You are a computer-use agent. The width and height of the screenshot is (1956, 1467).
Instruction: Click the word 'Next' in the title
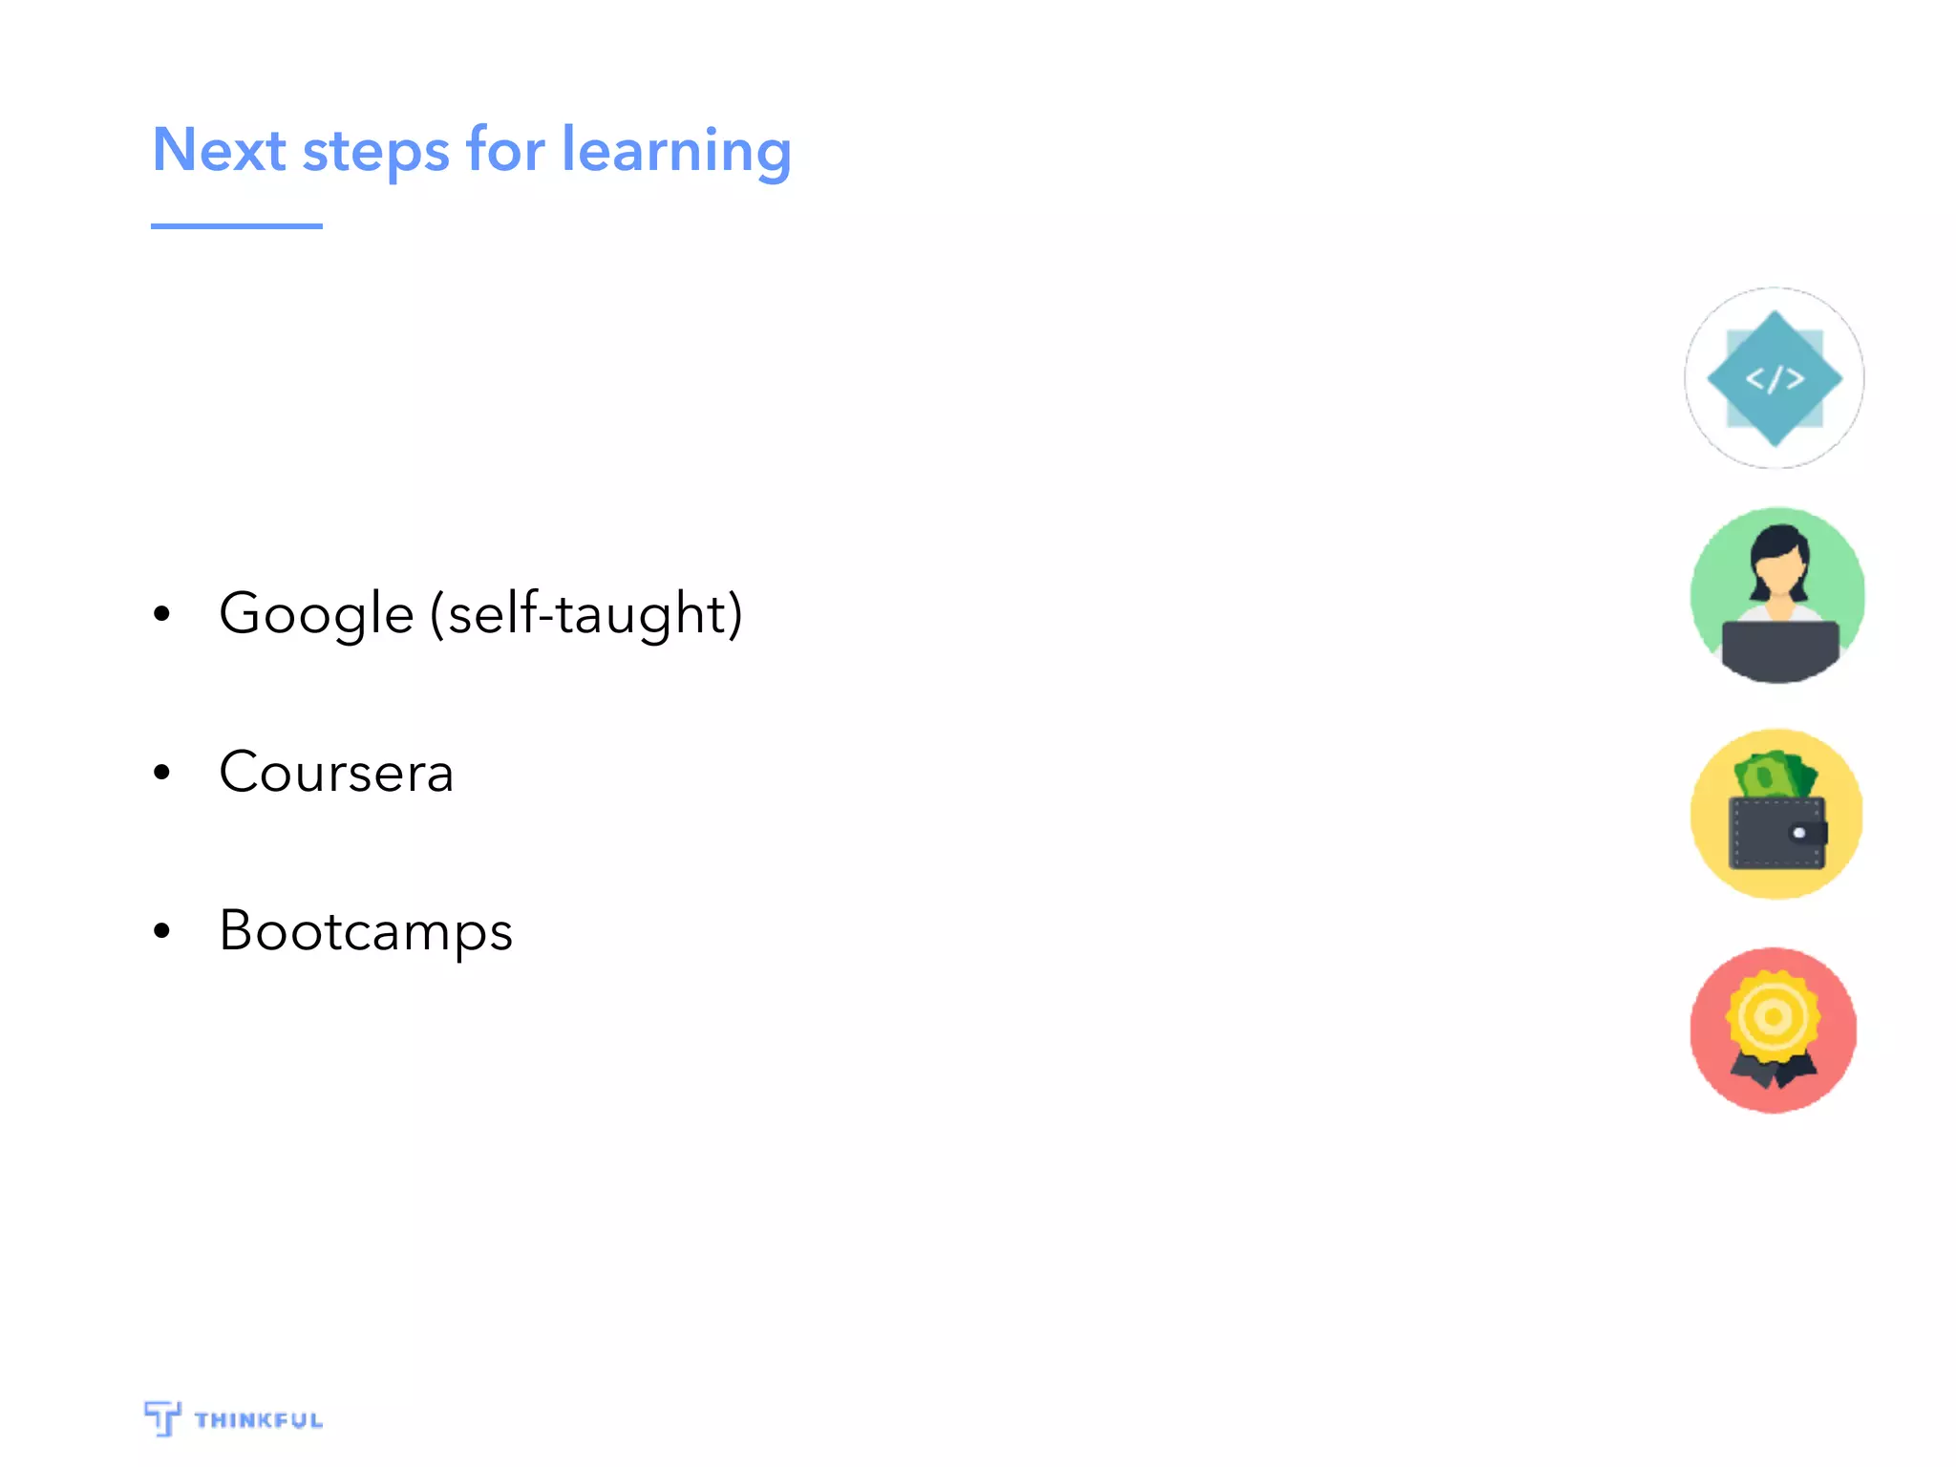pyautogui.click(x=219, y=150)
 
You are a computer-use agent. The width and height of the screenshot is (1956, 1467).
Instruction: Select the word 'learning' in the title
pyautogui.click(x=676, y=151)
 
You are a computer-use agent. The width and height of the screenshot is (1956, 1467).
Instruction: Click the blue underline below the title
pyautogui.click(x=236, y=226)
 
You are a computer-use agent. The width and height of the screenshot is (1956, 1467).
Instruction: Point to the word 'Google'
pyautogui.click(x=316, y=614)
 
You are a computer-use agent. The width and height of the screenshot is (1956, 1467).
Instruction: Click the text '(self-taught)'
pyautogui.click(x=585, y=614)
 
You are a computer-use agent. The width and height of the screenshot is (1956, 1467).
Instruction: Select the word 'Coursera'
pyautogui.click(x=336, y=772)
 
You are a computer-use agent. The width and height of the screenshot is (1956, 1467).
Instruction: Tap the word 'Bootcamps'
pyautogui.click(x=366, y=931)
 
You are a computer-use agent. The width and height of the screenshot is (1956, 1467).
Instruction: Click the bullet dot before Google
pyautogui.click(x=161, y=614)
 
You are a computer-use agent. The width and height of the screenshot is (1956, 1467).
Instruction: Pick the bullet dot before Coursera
pyautogui.click(x=161, y=772)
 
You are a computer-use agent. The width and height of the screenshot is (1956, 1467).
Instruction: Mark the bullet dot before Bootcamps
pyautogui.click(x=161, y=930)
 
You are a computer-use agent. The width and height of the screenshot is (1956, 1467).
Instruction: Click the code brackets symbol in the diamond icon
pyautogui.click(x=1775, y=379)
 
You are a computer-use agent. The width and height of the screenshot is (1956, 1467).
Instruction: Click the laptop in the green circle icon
pyautogui.click(x=1779, y=648)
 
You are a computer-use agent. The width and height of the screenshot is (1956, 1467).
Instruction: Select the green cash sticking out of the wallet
pyautogui.click(x=1775, y=775)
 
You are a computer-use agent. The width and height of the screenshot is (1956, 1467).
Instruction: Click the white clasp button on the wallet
pyautogui.click(x=1799, y=833)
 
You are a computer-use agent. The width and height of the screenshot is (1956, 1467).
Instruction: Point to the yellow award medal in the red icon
pyautogui.click(x=1774, y=1015)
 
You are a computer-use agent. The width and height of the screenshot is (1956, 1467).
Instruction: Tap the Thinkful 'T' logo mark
pyautogui.click(x=162, y=1418)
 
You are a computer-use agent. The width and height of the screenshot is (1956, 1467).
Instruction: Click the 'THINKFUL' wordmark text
pyautogui.click(x=259, y=1420)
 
